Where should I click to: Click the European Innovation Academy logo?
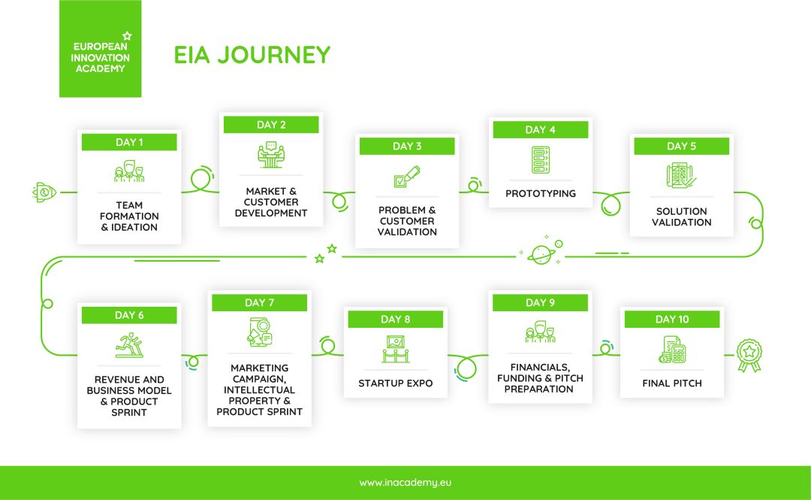100,50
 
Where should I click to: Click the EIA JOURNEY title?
252,55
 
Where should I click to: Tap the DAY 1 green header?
129,142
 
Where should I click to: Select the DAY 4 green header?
541,129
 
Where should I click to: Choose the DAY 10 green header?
671,320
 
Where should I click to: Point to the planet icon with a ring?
541,253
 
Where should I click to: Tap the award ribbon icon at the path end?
748,355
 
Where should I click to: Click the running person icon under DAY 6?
128,345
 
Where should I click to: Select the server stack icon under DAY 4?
541,159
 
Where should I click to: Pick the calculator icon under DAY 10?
672,350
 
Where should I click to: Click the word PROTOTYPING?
541,194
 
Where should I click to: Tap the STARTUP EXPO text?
395,383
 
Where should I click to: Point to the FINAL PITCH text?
672,383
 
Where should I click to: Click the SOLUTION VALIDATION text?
681,217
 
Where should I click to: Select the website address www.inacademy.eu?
405,483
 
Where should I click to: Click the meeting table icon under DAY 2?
271,155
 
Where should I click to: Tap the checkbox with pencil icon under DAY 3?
407,177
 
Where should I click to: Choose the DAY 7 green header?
260,303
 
